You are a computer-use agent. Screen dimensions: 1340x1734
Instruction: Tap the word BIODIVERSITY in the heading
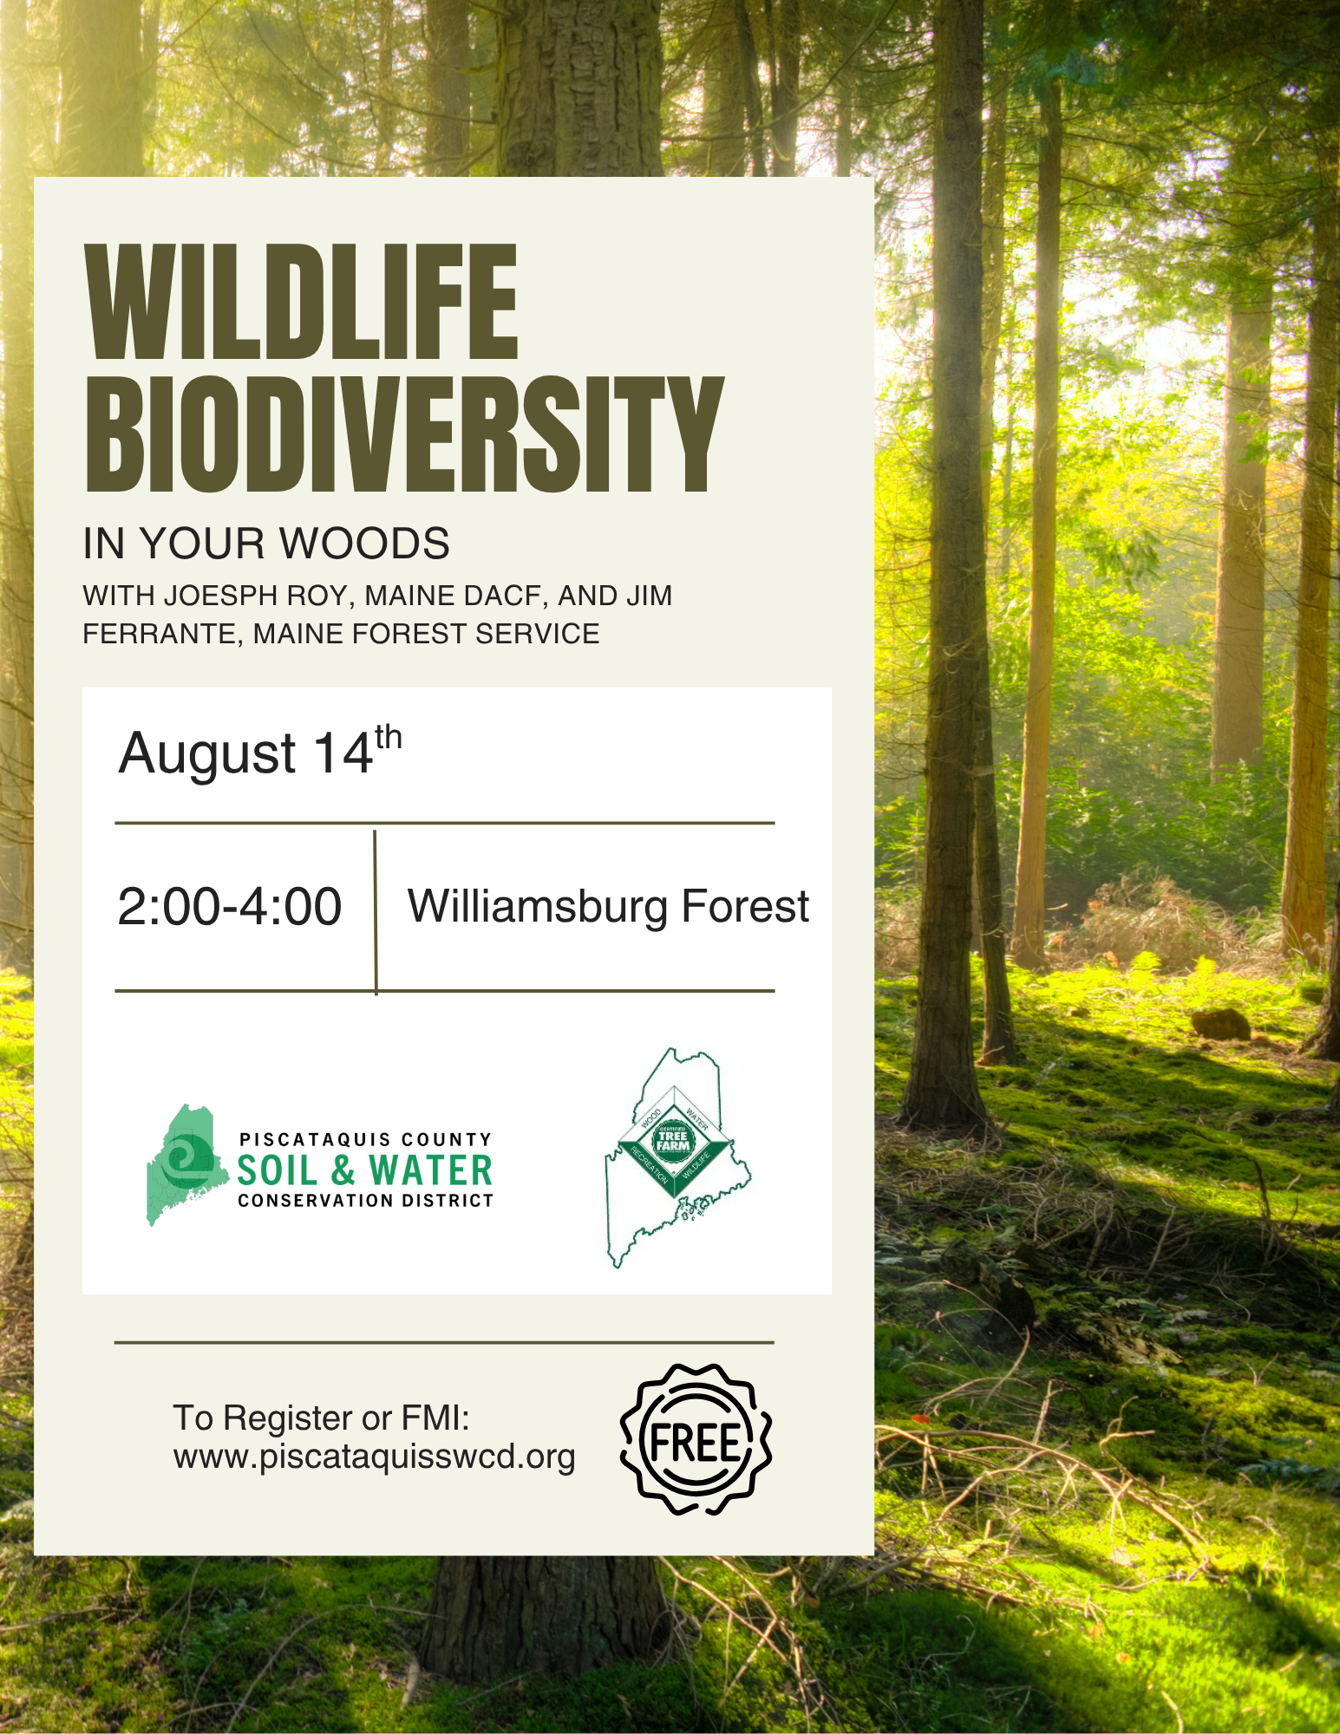tap(404, 434)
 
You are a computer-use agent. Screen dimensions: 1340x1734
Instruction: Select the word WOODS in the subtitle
tap(364, 544)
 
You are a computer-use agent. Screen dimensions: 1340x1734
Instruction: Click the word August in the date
tap(208, 754)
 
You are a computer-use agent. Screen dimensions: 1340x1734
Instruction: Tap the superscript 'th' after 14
tap(389, 737)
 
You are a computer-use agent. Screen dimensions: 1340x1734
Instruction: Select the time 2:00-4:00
tap(230, 907)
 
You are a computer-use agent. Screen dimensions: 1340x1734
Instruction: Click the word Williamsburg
tap(538, 908)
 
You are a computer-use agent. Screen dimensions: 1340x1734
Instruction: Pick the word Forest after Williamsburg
tap(745, 907)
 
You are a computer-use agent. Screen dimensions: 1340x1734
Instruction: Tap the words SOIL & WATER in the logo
tap(365, 1170)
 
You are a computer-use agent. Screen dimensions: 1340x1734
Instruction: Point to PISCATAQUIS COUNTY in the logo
tap(365, 1139)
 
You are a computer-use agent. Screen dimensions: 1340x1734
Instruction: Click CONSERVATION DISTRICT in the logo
tap(365, 1201)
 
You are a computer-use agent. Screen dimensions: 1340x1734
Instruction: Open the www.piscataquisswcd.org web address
tap(374, 1457)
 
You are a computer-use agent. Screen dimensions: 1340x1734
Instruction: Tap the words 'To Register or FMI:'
tap(321, 1418)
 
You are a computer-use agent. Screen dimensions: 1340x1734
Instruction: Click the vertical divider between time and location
tap(376, 912)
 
